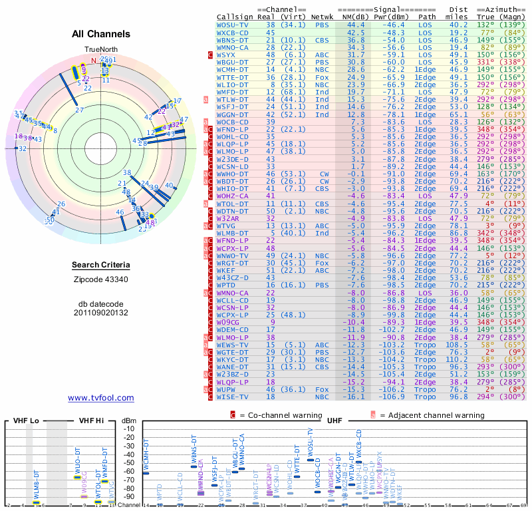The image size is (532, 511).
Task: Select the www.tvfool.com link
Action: pos(101,398)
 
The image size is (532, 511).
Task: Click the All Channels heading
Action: pos(101,34)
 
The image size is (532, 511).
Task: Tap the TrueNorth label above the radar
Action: pos(101,50)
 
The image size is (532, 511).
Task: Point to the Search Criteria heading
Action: pos(101,265)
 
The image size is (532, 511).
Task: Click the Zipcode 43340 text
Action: pos(101,279)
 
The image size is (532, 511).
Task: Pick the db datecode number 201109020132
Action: pos(101,313)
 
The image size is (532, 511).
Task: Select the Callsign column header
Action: pos(235,16)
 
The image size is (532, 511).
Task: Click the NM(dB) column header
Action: pos(354,16)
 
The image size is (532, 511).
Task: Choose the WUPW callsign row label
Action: pos(229,389)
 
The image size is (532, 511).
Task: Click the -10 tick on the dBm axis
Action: pos(130,428)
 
